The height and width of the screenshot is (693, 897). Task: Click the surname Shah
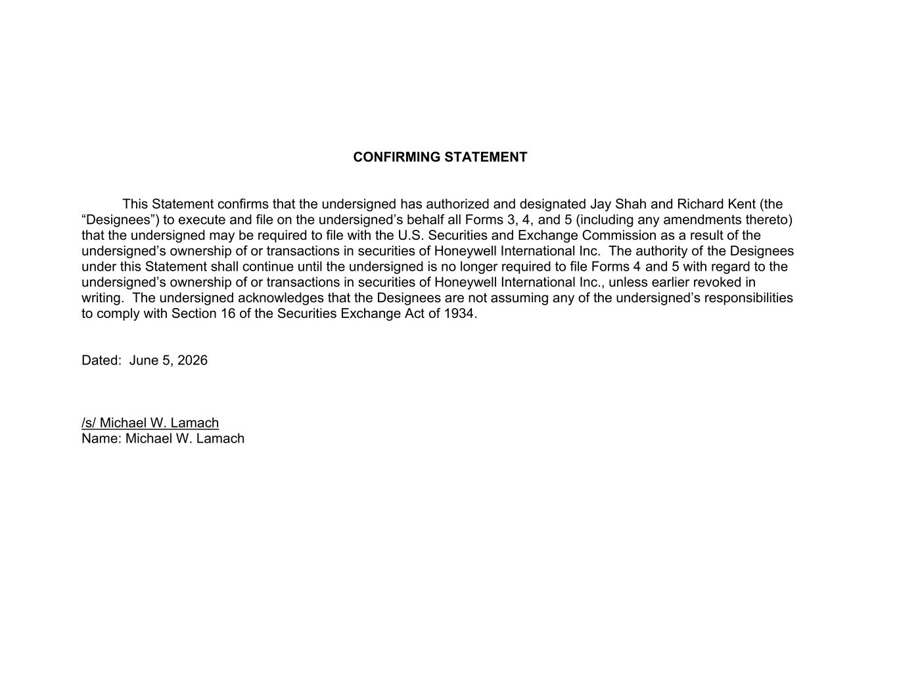pyautogui.click(x=630, y=204)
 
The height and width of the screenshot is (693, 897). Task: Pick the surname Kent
pyautogui.click(x=741, y=204)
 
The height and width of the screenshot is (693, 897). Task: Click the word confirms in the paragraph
pyautogui.click(x=242, y=204)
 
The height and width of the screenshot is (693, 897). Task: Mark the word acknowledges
pyautogui.click(x=285, y=298)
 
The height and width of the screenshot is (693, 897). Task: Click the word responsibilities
pyautogui.click(x=748, y=298)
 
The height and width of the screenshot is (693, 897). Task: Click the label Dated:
pyautogui.click(x=101, y=361)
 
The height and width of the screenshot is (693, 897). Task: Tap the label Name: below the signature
pyautogui.click(x=101, y=439)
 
